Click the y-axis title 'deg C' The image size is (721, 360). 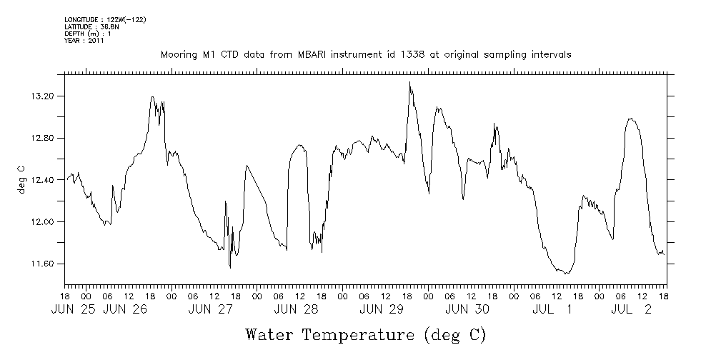click(22, 180)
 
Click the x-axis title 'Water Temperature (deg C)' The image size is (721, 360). click(367, 334)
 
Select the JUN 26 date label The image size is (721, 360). click(126, 310)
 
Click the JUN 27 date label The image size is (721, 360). click(211, 310)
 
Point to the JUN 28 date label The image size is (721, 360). click(296, 310)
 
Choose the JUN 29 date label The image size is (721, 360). click(382, 310)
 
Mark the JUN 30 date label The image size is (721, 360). click(467, 310)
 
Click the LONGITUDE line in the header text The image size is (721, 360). click(105, 19)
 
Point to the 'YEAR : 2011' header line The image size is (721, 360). click(84, 41)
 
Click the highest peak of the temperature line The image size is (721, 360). click(409, 83)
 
